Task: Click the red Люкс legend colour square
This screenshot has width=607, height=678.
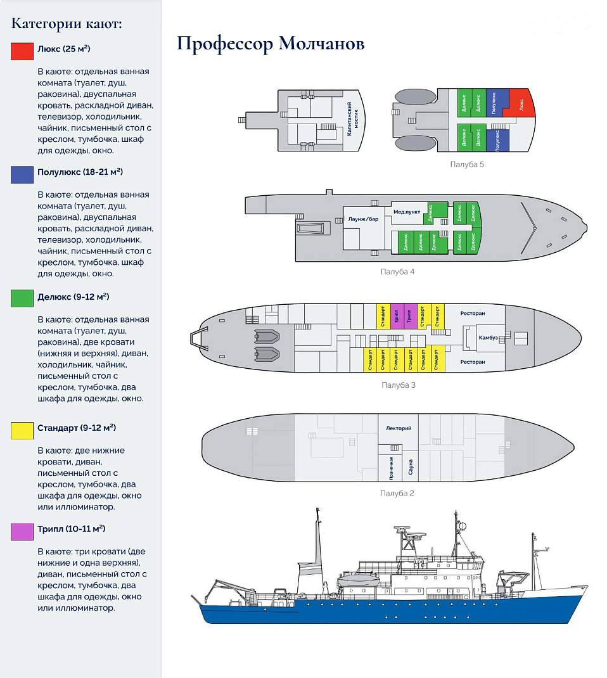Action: click(22, 51)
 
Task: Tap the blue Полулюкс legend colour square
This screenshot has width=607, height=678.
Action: click(22, 174)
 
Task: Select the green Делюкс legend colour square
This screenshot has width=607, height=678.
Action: click(22, 298)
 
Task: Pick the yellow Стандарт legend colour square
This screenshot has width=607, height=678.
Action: click(22, 430)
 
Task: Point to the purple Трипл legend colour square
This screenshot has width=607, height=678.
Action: click(22, 531)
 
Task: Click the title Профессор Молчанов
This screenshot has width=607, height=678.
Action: click(271, 44)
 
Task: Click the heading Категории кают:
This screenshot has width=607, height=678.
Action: click(67, 23)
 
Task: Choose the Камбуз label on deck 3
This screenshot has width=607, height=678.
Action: click(489, 338)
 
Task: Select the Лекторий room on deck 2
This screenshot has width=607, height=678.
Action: click(398, 429)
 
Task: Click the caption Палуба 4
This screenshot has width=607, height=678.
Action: click(397, 272)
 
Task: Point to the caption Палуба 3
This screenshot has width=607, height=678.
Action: click(398, 385)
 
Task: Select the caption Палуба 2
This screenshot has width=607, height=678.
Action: click(397, 493)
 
